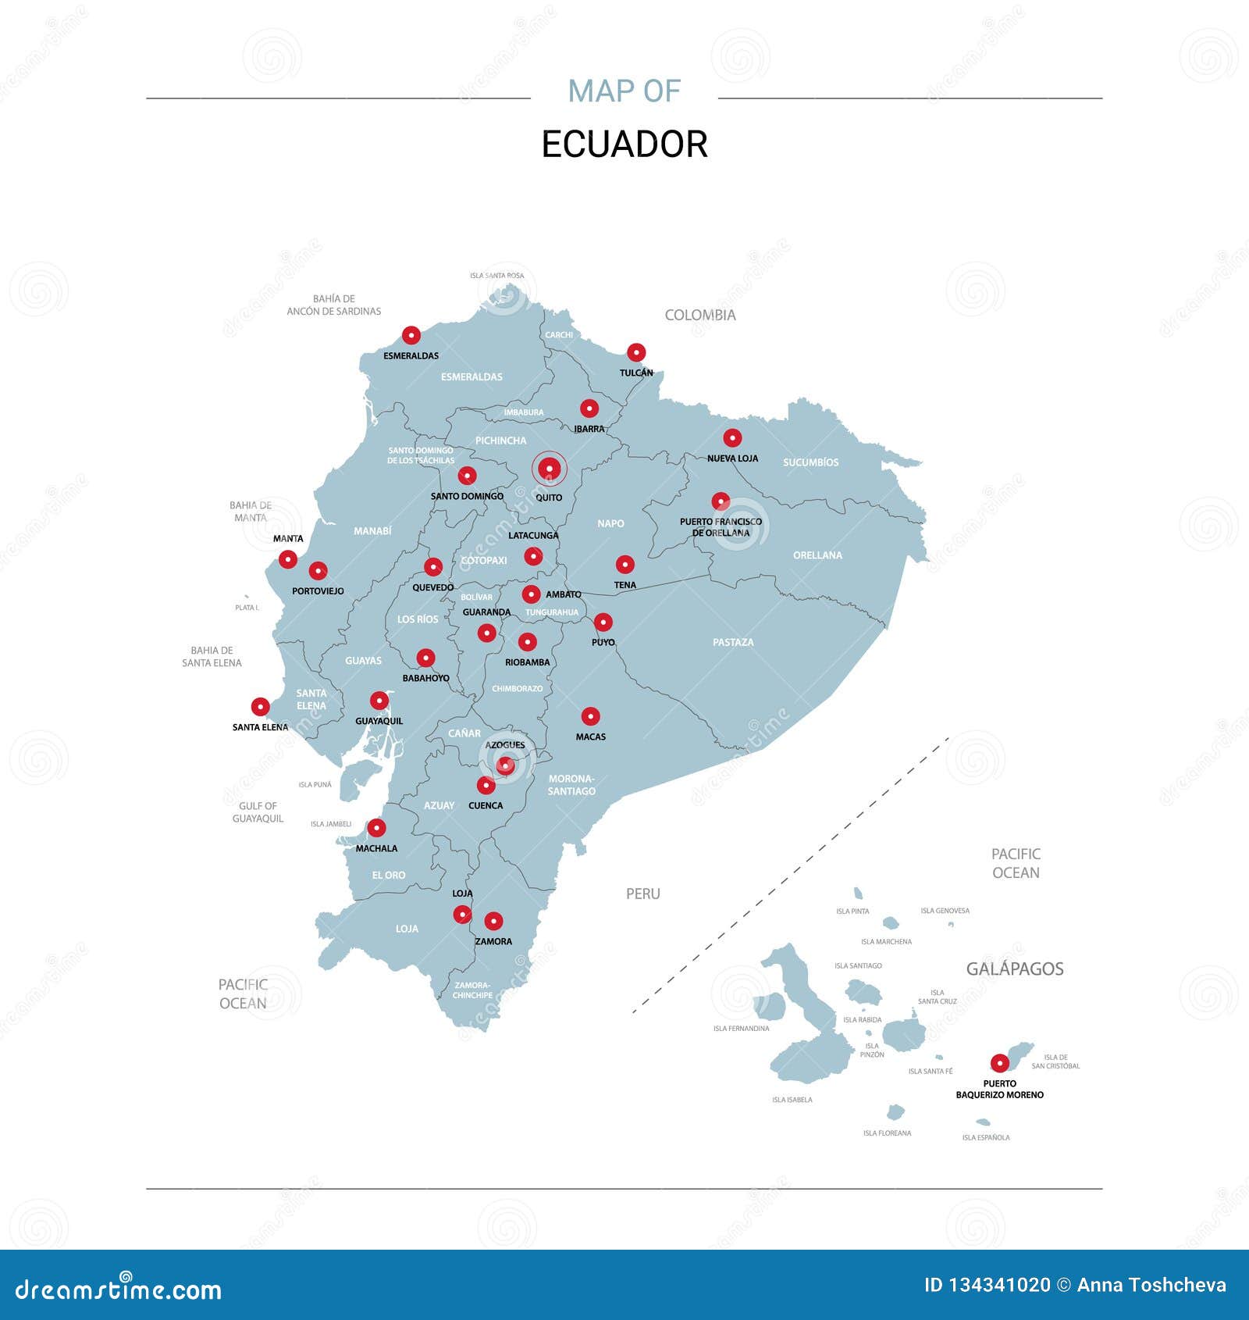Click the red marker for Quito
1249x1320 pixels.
(x=550, y=469)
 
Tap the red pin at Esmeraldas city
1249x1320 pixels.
(x=411, y=336)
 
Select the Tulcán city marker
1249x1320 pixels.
(x=636, y=352)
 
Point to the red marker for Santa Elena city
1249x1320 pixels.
(x=260, y=707)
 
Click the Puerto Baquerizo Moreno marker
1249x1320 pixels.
(x=999, y=1063)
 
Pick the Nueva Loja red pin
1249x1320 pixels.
(x=732, y=437)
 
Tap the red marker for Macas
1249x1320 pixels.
(x=591, y=716)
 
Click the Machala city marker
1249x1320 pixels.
(x=376, y=828)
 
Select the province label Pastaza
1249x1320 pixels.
(x=733, y=642)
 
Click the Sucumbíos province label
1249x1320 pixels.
(x=810, y=462)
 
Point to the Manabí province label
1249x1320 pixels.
(x=372, y=531)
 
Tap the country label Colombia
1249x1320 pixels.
(x=700, y=315)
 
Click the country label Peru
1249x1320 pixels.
(x=642, y=894)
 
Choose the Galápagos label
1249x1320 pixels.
(x=1015, y=969)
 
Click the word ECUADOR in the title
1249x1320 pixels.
(x=624, y=144)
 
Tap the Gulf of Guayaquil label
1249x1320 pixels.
(x=258, y=812)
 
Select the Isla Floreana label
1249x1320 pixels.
(x=887, y=1133)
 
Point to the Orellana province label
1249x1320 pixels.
(x=817, y=555)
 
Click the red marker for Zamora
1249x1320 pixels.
(x=493, y=922)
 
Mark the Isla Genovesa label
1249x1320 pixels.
(x=945, y=911)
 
